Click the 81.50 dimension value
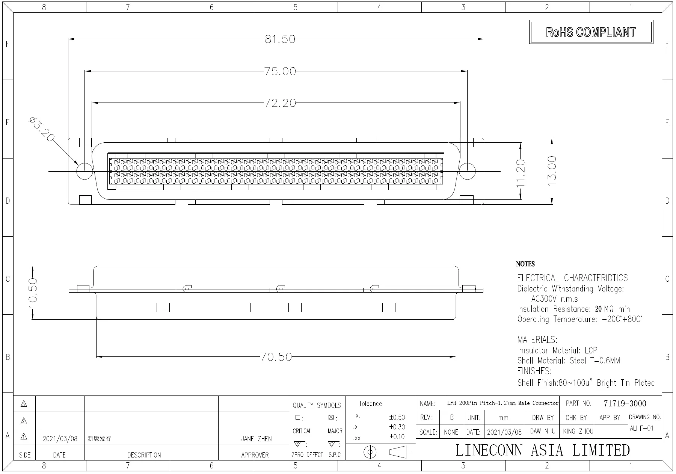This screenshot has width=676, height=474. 280,39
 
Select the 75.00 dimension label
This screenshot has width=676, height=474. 280,71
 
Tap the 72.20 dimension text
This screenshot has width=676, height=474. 280,103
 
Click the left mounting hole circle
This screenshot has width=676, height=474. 84,171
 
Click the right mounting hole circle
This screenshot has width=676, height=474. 467,171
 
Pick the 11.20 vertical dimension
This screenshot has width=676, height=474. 521,174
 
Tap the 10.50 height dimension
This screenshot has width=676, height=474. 33,293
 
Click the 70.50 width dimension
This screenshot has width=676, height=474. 276,357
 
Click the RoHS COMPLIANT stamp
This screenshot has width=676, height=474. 591,32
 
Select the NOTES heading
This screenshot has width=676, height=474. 525,264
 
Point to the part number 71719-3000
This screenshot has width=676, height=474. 625,404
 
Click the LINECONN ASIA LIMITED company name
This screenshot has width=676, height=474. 542,450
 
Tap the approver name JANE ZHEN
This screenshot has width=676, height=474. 256,439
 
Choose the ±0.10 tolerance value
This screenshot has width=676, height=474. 397,437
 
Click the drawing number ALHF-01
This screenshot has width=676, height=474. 641,428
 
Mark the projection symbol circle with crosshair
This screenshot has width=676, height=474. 370,452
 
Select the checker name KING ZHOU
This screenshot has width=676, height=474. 578,432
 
